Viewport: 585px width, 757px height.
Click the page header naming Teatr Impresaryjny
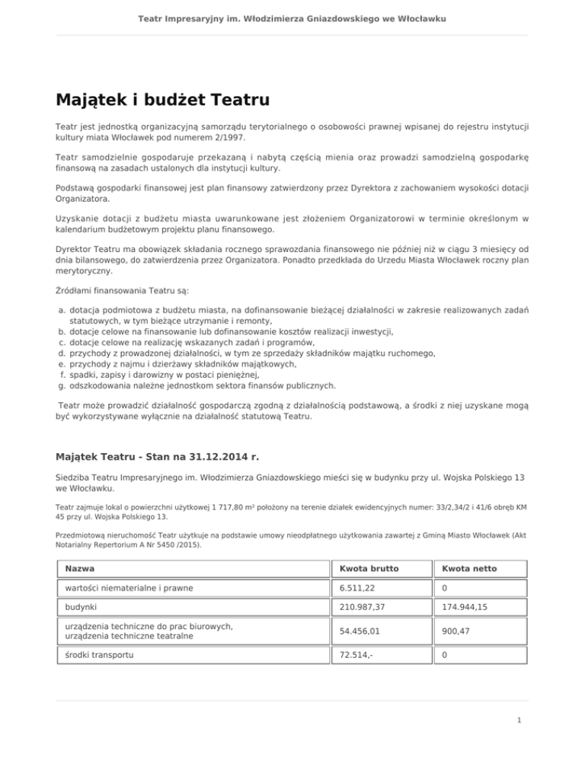pos(292,18)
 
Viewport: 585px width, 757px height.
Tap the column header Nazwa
pos(82,569)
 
